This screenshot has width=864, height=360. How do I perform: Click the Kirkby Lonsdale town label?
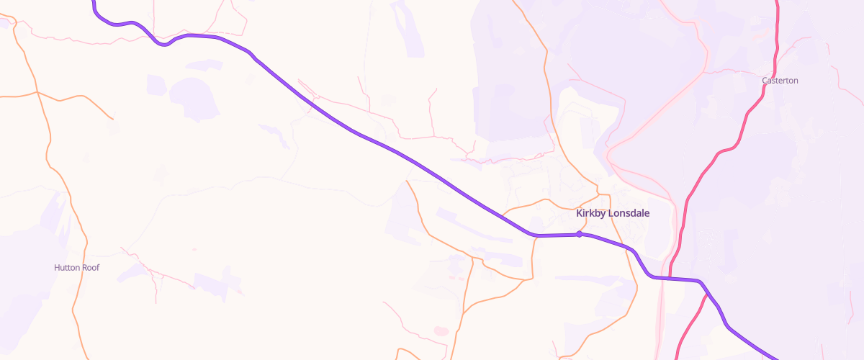613,213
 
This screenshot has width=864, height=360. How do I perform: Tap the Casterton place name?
780,81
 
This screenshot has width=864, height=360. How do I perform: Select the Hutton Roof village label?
76,267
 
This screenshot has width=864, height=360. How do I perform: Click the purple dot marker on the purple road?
579,234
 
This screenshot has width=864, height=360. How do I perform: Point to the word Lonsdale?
631,213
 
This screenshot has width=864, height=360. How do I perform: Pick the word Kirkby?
592,213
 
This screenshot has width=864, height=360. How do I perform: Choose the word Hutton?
68,267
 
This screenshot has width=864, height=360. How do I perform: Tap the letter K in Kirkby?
580,213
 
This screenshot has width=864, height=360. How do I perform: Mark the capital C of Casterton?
765,81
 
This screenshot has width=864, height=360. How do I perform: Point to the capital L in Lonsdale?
612,213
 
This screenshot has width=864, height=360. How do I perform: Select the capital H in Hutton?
57,267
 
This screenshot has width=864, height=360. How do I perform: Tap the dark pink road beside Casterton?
756,108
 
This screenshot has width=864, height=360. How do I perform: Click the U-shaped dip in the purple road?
165,45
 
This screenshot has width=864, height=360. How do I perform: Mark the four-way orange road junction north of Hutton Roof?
37,92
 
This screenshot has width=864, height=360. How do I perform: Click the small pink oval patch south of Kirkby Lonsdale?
441,331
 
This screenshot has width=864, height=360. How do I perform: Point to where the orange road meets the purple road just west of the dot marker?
535,235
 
